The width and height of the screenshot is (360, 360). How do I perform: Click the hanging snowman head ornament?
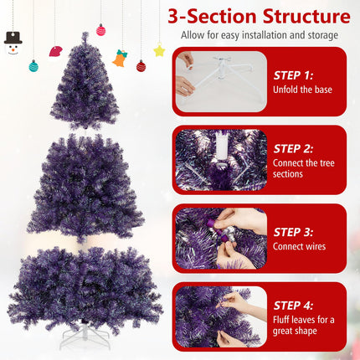[x=13, y=43]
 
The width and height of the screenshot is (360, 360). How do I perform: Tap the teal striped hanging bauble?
[x=33, y=66]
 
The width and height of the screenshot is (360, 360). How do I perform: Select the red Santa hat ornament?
[x=55, y=51]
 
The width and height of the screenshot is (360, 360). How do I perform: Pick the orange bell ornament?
[x=120, y=59]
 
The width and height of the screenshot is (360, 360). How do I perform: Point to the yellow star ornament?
[x=159, y=51]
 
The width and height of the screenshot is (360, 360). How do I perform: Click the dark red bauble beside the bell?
[x=141, y=66]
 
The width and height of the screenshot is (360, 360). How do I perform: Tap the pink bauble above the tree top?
[x=101, y=30]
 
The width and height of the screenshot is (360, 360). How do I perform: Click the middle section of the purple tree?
[x=85, y=188]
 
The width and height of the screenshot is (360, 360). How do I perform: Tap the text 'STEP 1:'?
[x=294, y=75]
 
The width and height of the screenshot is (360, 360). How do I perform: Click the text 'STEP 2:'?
[x=294, y=146]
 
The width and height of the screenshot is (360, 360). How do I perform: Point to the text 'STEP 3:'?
[x=294, y=232]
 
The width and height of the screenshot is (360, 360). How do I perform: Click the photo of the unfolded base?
[x=220, y=82]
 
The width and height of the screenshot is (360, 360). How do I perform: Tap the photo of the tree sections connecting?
[x=220, y=160]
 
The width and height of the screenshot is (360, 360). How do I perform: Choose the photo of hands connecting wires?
[x=220, y=239]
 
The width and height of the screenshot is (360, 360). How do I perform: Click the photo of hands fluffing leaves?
[x=220, y=316]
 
